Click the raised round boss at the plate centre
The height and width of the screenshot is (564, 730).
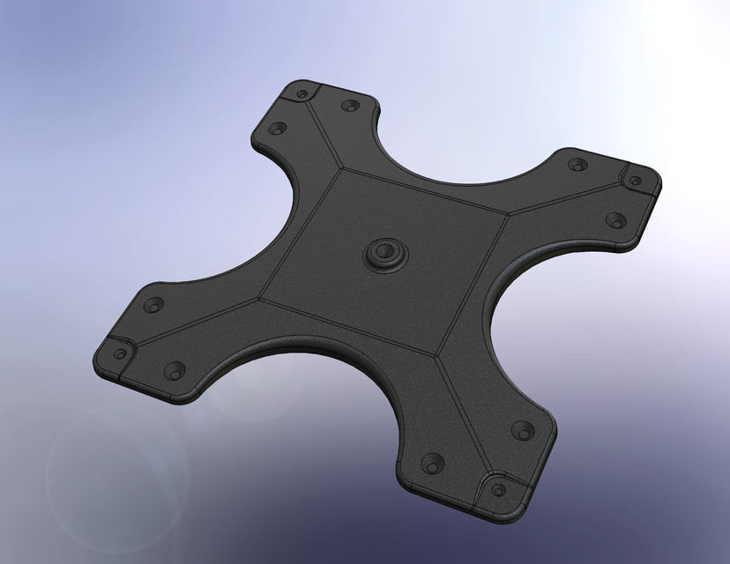coord(385,253)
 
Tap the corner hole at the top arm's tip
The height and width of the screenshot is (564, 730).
coord(302,93)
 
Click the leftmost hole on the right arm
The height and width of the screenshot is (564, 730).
coord(577,164)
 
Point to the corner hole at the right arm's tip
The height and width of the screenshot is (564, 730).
coord(634,180)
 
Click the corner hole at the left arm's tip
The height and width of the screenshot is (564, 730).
coord(120,354)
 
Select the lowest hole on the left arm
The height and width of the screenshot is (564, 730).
coord(174,371)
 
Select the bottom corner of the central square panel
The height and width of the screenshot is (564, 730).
coord(438,357)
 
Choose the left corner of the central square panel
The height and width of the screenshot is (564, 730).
coord(261,297)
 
